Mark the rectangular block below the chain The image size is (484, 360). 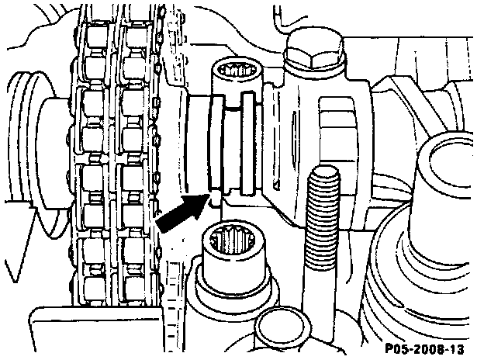93,326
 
